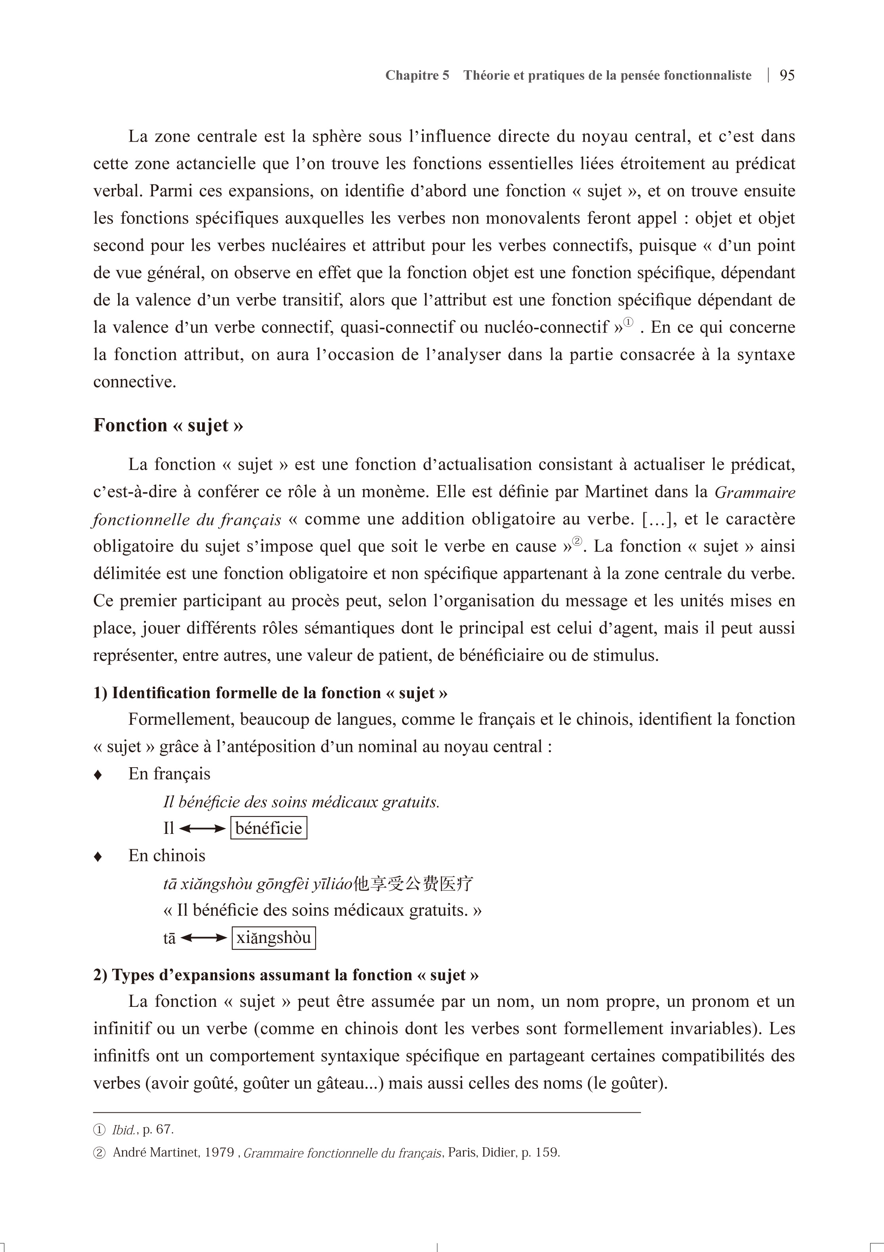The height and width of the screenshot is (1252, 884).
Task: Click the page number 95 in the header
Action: pos(786,75)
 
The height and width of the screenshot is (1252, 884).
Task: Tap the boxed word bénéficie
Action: pos(269,828)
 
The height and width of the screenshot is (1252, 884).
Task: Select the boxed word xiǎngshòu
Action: pos(274,938)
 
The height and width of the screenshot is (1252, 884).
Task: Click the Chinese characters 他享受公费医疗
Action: pos(413,883)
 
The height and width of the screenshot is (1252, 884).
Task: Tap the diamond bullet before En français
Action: pos(98,775)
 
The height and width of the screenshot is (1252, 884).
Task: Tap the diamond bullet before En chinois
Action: pos(98,856)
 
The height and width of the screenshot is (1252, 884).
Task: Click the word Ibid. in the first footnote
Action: pos(124,1130)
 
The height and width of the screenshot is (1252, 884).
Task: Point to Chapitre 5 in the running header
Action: pos(417,75)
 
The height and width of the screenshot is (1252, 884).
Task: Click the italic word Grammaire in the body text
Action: pos(755,492)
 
